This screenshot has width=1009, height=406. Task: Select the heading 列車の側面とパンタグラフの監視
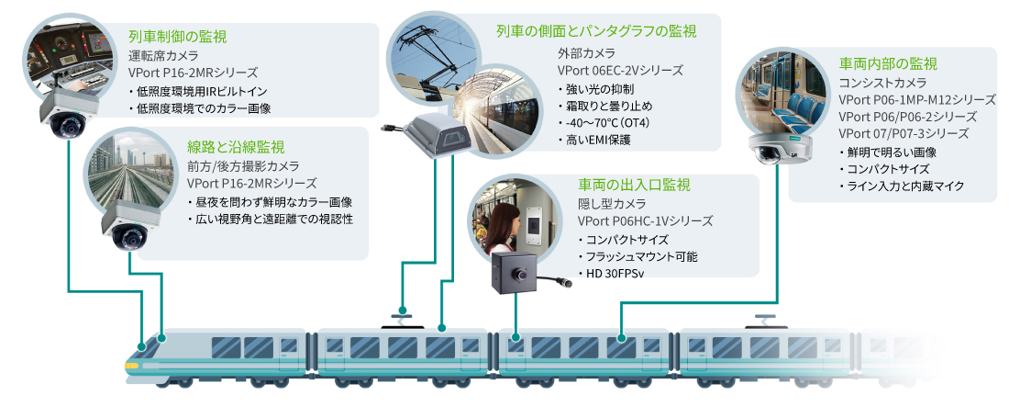pyautogui.click(x=595, y=31)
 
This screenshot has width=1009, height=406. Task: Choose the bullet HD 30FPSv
pyautogui.click(x=610, y=274)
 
